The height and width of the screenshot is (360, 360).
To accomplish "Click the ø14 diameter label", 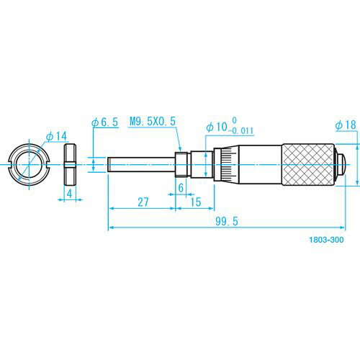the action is [x=57, y=136].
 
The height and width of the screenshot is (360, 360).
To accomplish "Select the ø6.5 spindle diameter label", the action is [x=105, y=122].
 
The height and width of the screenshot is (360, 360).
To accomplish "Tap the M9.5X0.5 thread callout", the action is [x=153, y=121].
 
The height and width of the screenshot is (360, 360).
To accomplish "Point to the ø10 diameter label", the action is [x=217, y=127].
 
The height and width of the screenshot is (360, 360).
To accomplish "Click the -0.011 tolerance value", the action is [x=240, y=131].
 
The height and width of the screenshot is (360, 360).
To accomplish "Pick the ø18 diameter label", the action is [x=346, y=125].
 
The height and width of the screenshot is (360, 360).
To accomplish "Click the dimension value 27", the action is [x=143, y=202].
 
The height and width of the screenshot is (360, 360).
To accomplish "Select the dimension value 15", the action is [x=196, y=202].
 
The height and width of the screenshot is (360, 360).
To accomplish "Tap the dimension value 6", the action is [x=181, y=188].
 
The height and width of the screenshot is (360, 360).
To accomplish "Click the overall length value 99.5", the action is [x=227, y=221].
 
